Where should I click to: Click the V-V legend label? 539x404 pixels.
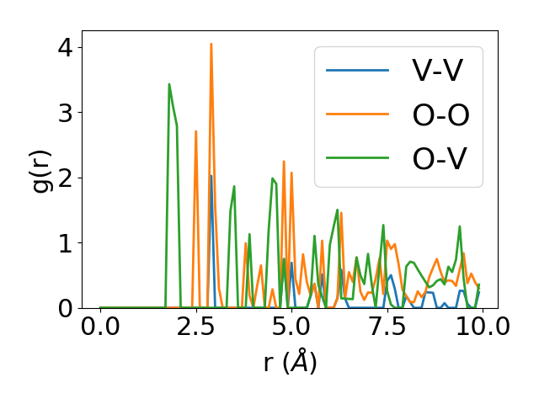pos(436,71)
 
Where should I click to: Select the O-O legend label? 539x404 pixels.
pos(440,114)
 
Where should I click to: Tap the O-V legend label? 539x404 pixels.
pos(439,158)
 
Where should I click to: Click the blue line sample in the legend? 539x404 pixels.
pos(358,71)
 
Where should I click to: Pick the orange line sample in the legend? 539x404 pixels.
pos(358,114)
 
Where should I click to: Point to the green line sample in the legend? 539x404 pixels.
pos(358,158)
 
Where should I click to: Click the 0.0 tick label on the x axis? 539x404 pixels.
pos(100,328)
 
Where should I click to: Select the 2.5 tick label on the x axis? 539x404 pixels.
pos(195,328)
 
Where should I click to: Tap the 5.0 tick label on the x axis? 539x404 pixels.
pos(291,328)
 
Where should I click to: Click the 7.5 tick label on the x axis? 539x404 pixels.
pos(387,328)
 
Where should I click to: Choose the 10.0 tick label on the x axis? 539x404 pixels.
pos(482,328)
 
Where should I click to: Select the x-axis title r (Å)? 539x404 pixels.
pos(291,363)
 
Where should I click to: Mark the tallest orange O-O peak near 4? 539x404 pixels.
pos(211,44)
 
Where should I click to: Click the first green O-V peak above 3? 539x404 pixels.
pos(169,84)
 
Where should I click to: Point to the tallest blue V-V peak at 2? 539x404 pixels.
pos(211,176)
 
